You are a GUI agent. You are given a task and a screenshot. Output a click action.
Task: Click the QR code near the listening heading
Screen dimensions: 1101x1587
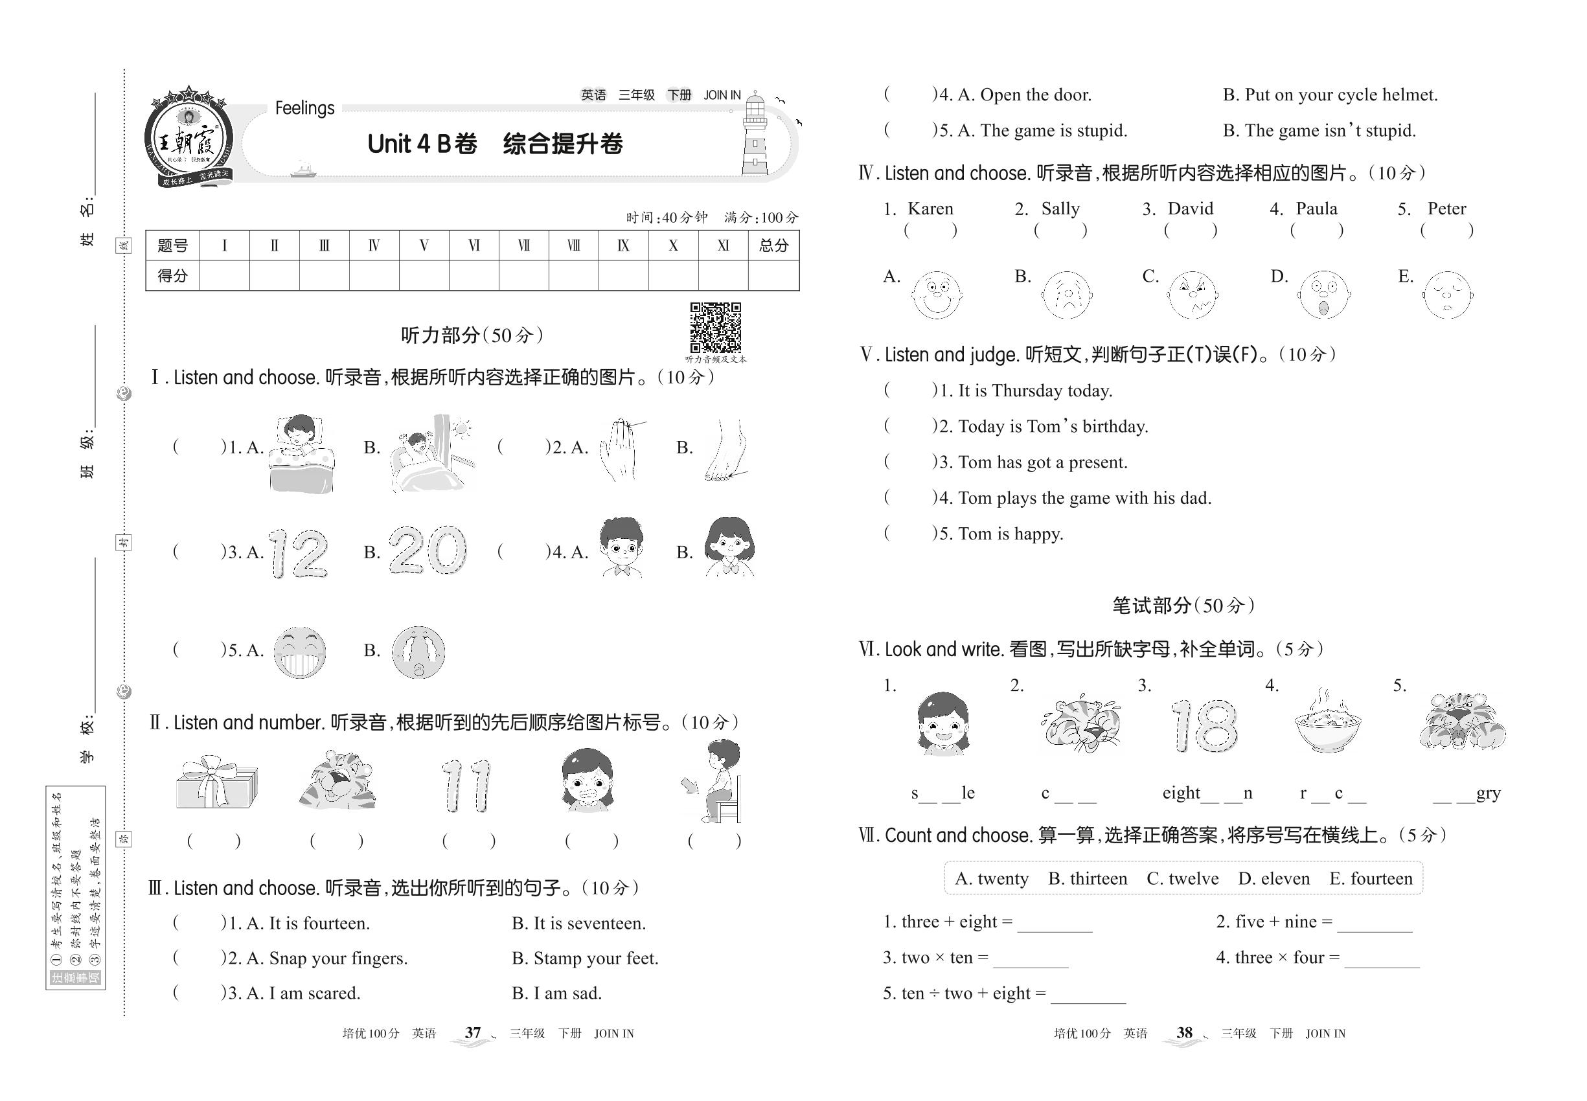tap(715, 327)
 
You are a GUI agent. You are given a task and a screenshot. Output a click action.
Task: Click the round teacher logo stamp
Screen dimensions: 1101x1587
tap(188, 140)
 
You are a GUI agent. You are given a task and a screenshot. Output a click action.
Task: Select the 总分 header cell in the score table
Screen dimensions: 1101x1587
tap(773, 245)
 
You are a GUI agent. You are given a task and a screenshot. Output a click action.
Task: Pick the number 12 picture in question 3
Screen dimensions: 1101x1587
tap(297, 552)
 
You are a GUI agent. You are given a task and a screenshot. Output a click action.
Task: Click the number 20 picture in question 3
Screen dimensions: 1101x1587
tap(428, 550)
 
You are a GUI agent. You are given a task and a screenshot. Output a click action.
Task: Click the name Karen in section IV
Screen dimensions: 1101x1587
tap(930, 209)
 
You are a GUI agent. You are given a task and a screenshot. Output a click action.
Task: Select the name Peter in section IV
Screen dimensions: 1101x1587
tap(1446, 209)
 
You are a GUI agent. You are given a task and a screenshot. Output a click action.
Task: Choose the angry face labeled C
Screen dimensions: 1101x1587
tap(1193, 295)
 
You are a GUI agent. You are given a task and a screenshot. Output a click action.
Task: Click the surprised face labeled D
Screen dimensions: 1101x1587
tap(1323, 295)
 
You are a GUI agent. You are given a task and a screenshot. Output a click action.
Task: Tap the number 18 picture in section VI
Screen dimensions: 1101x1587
tap(1204, 726)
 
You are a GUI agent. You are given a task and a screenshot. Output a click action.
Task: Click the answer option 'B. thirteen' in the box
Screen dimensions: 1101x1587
tap(1088, 878)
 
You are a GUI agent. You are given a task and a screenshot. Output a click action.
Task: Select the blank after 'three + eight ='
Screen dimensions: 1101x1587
tap(1055, 923)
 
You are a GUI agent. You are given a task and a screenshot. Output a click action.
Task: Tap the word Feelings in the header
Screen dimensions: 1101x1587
tap(304, 108)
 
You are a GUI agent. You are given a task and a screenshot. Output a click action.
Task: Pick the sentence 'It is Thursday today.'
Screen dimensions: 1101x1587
tap(1035, 391)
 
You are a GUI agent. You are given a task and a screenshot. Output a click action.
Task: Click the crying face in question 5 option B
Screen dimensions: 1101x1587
tap(418, 652)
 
